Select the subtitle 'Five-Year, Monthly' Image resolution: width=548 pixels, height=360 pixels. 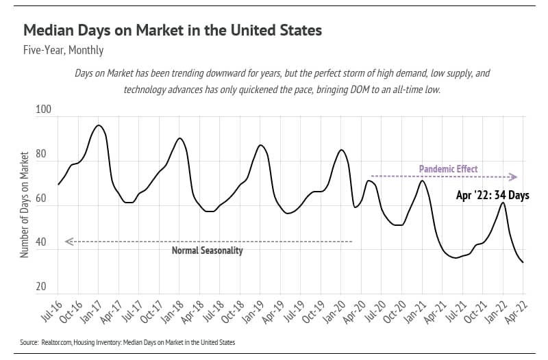pos(63,50)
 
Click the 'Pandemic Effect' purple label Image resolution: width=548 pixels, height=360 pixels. pos(448,169)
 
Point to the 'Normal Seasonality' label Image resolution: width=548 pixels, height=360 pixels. pos(207,250)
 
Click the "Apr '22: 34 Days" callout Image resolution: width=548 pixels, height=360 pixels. pos(493,196)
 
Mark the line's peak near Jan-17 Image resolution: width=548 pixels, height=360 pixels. pos(99,125)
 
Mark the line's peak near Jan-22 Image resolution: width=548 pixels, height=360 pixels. pos(503,203)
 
